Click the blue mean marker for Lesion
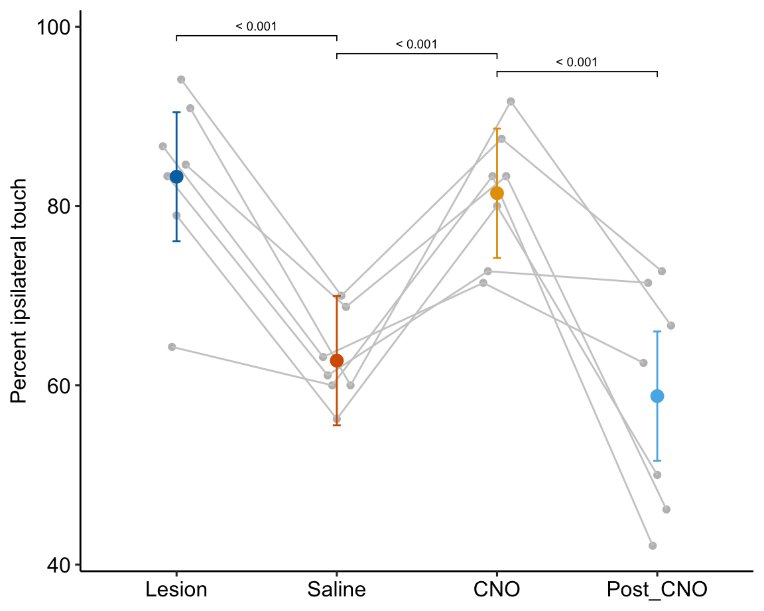coord(176,176)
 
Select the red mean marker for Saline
coord(336,360)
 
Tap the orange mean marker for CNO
coord(497,193)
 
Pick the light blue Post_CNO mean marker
coord(657,396)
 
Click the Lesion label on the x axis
coord(176,589)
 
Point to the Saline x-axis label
coord(336,589)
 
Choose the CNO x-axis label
coord(497,589)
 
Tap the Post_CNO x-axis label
coord(657,589)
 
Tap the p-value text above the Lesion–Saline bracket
coord(256,27)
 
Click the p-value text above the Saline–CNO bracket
coord(416,45)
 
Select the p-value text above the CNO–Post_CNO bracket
coord(576,63)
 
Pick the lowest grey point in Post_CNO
coord(653,545)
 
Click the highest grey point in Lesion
coord(181,80)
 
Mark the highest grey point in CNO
coord(511,102)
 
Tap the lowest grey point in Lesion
coord(172,347)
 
